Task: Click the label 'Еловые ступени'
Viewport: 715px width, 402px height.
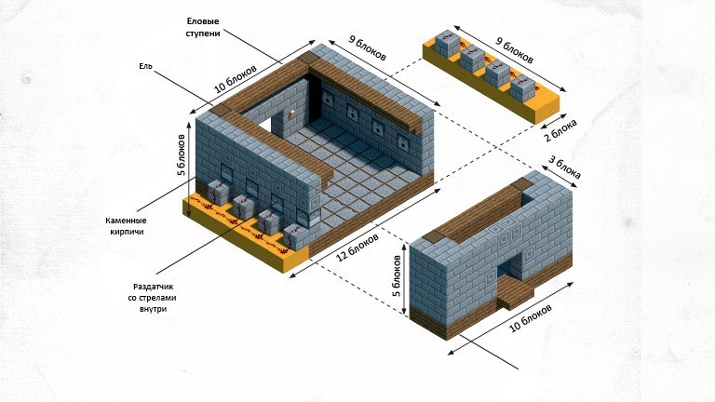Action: (x=203, y=27)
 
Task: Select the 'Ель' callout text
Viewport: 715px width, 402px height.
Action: (x=145, y=67)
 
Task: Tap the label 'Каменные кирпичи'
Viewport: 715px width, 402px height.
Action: (x=126, y=226)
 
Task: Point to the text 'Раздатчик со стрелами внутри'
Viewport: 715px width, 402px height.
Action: (x=155, y=298)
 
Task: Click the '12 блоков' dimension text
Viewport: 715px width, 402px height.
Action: (x=357, y=248)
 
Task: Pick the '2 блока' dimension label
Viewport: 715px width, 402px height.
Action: (x=560, y=129)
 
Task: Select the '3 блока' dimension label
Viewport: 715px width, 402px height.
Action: (x=564, y=167)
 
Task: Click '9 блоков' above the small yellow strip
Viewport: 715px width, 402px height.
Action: (x=514, y=50)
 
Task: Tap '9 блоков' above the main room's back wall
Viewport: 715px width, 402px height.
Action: (x=367, y=47)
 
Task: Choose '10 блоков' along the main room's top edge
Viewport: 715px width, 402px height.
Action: (x=236, y=78)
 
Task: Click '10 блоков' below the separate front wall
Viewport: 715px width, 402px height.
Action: (x=530, y=317)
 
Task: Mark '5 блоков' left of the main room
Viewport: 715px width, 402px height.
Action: (x=182, y=154)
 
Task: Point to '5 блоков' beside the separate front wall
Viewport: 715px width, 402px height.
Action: (x=398, y=275)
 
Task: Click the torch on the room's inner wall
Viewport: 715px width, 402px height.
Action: (x=290, y=114)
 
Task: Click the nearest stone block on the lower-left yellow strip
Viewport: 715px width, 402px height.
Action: (x=295, y=237)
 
